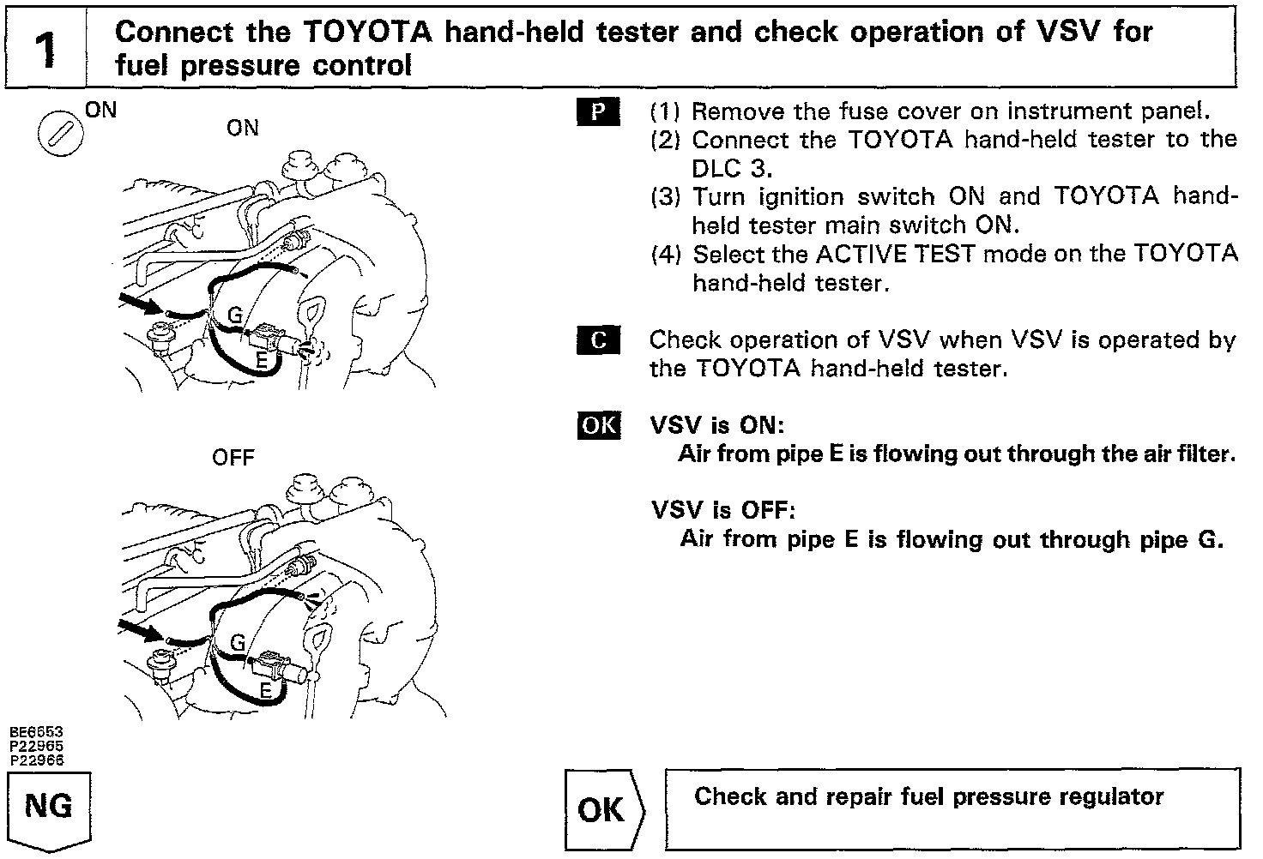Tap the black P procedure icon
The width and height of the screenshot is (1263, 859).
[x=598, y=111]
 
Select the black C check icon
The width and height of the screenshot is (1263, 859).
[x=598, y=340]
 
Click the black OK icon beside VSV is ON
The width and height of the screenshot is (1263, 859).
[x=598, y=425]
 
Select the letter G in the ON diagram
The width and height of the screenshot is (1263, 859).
[x=235, y=316]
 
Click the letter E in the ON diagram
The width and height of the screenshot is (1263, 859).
[x=263, y=362]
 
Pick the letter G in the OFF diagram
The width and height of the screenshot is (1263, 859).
[x=238, y=643]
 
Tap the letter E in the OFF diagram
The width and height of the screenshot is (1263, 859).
[x=266, y=690]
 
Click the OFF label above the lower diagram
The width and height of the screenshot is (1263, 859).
[x=233, y=457]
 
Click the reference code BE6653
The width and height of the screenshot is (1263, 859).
[x=36, y=732]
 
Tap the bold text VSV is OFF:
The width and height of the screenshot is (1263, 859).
[x=723, y=511]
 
